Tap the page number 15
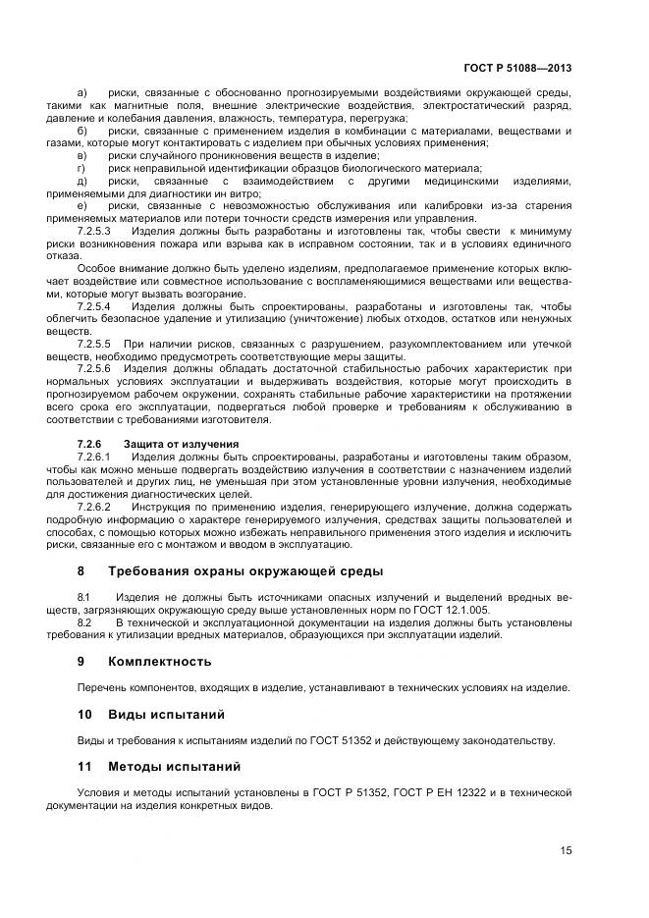(566, 850)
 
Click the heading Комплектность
(159, 661)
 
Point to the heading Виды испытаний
(166, 714)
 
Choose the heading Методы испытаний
(174, 766)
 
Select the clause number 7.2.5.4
(94, 306)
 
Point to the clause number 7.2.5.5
(94, 343)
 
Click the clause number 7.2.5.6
(94, 368)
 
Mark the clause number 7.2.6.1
(94, 457)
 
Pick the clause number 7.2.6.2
(94, 507)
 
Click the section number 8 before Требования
(81, 570)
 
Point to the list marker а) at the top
(82, 92)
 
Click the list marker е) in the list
(82, 204)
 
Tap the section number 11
(84, 766)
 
